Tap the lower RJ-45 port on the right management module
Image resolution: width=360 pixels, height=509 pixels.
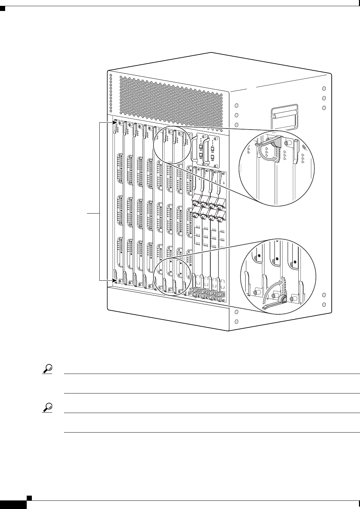pyautogui.click(x=213, y=157)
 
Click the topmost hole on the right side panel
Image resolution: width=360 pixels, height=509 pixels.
pyautogui.click(x=324, y=88)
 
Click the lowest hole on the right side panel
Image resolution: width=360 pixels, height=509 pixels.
pyautogui.click(x=324, y=305)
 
